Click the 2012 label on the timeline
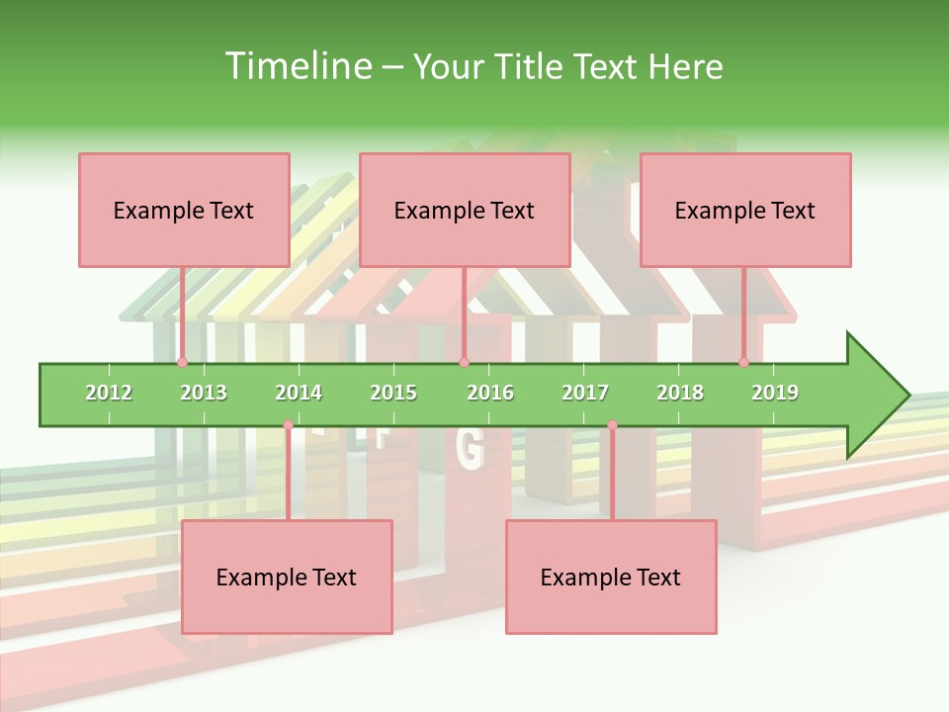(109, 393)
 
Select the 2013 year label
(204, 393)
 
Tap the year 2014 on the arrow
(299, 393)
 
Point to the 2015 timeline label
(393, 393)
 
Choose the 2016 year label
(490, 393)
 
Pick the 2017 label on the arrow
(585, 393)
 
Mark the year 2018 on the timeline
(680, 393)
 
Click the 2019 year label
(775, 393)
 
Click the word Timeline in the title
(297, 66)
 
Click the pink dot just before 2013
(182, 362)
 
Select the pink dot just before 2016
(464, 362)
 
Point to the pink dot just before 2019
(744, 362)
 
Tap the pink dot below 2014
(288, 425)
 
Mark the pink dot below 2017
(612, 425)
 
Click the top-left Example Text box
(184, 210)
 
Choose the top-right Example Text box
(745, 210)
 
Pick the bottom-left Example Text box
(287, 577)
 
